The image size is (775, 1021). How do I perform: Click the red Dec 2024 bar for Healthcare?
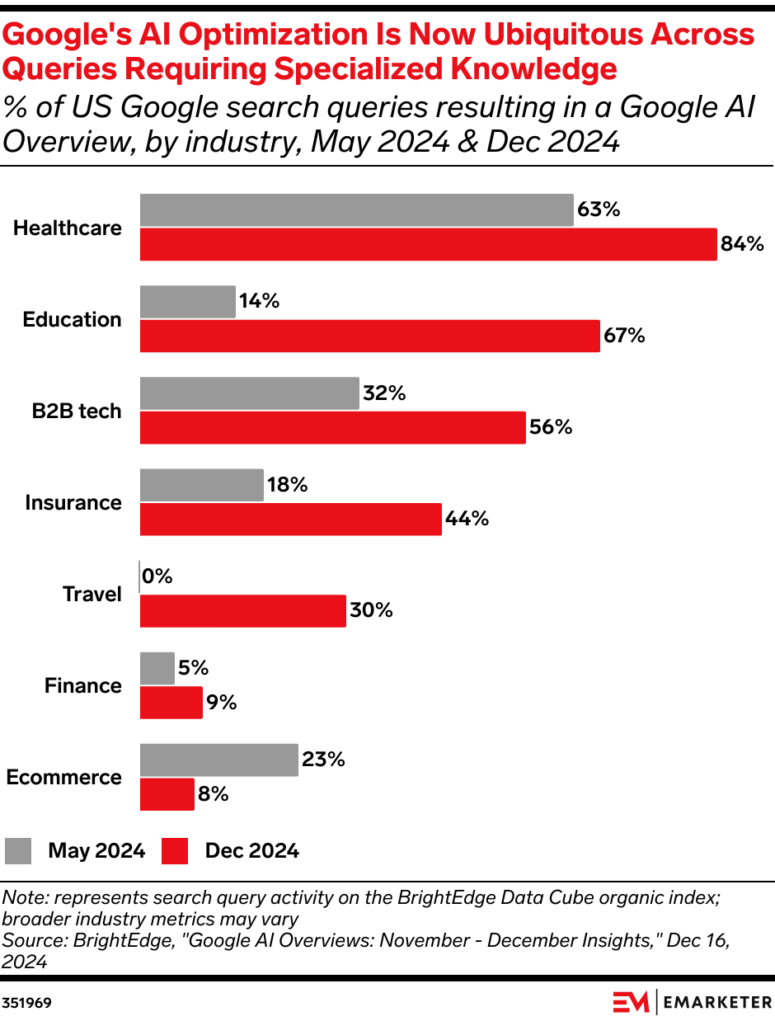(428, 245)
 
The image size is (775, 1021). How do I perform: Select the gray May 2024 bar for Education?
(187, 302)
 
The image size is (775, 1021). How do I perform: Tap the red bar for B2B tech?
(332, 427)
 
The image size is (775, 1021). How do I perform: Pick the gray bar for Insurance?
(201, 485)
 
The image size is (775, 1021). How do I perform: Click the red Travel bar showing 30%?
(242, 610)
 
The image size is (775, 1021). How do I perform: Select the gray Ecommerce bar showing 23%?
(218, 760)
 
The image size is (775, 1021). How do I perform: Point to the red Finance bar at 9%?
(171, 703)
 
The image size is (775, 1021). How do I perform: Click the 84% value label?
(743, 245)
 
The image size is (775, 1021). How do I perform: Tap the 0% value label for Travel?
(157, 577)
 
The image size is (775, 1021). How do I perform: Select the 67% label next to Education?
(624, 336)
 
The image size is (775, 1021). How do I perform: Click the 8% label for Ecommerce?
(213, 794)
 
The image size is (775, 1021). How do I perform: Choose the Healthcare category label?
(68, 228)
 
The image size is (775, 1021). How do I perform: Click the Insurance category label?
(73, 502)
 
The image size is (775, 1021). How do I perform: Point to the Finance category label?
(83, 685)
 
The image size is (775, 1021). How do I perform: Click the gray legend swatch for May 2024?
(18, 851)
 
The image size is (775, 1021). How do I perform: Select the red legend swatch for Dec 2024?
(175, 851)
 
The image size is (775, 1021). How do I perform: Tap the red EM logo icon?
(632, 1002)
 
